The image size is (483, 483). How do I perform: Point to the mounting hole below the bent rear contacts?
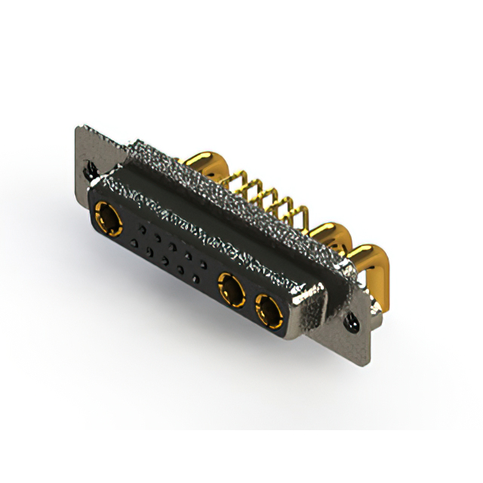click(x=352, y=323)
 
